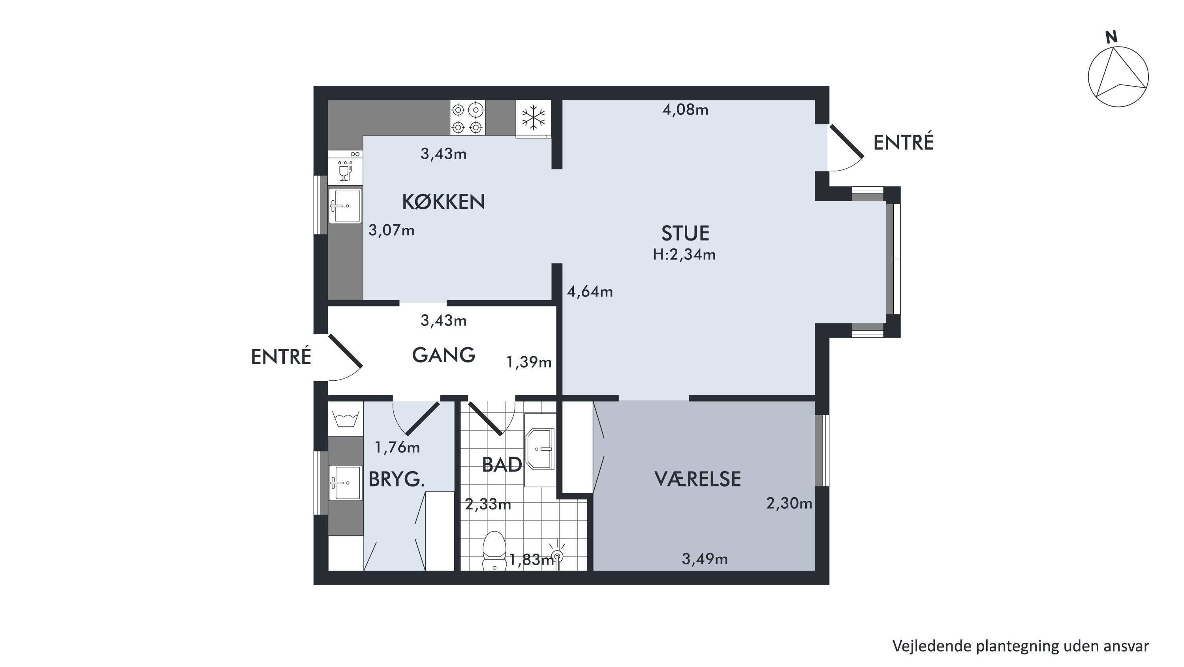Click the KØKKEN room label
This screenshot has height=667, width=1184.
click(x=444, y=202)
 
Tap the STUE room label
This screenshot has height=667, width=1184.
click(x=685, y=233)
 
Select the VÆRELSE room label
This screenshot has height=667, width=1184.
click(x=697, y=479)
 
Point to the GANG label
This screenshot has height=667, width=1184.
click(x=444, y=355)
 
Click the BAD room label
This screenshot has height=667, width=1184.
click(x=502, y=465)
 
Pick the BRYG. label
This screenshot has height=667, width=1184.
click(x=397, y=480)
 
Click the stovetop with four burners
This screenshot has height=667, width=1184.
click(x=468, y=118)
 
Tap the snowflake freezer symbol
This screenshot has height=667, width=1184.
click(x=533, y=118)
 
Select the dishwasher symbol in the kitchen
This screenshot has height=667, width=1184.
click(x=345, y=168)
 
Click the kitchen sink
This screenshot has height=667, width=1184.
click(x=345, y=205)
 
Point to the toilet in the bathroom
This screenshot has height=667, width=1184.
click(x=494, y=551)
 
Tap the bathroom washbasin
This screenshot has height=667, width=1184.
click(x=540, y=449)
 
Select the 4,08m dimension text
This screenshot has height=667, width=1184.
click(x=685, y=110)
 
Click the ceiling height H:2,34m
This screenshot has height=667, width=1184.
click(x=684, y=255)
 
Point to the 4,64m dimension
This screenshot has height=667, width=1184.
click(x=590, y=292)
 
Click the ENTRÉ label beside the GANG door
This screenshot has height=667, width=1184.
click(x=281, y=357)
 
